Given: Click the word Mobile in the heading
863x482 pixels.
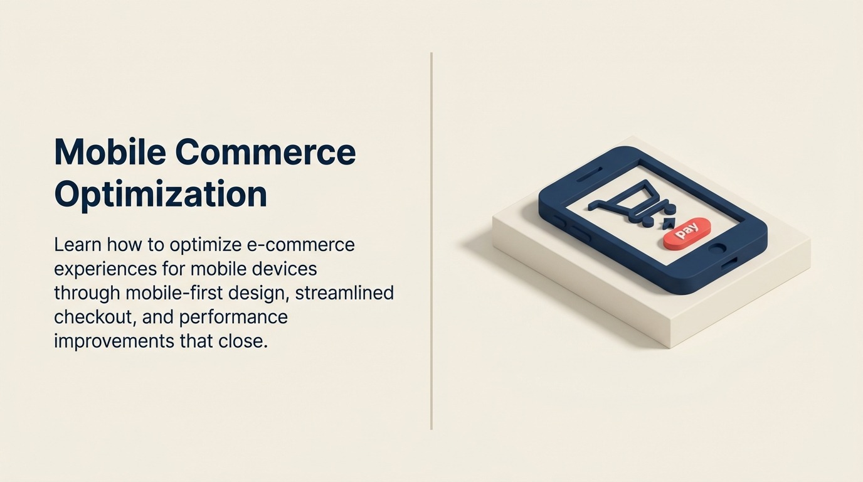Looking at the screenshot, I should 109,152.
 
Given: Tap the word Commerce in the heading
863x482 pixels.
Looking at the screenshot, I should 265,152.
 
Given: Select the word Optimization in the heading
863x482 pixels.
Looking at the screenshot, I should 161,195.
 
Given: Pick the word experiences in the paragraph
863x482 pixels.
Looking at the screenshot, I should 103,269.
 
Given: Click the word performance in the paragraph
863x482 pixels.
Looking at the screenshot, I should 233,317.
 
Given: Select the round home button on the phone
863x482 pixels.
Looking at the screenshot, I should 716,248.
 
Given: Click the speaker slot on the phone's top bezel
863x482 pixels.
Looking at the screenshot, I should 589,178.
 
